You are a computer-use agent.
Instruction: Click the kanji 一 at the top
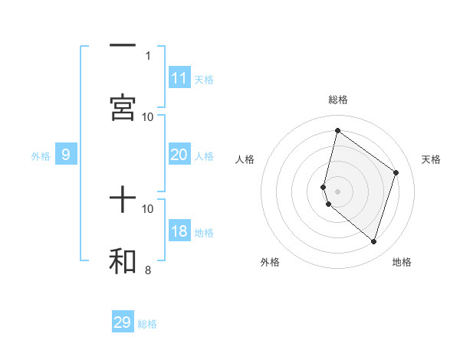[x=123, y=46]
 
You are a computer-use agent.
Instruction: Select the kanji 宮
[x=123, y=106]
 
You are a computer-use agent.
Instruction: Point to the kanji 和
[x=123, y=261]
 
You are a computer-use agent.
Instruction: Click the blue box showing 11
[x=179, y=78]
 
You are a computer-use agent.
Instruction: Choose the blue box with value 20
[x=179, y=155]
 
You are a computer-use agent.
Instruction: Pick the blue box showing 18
[x=179, y=231]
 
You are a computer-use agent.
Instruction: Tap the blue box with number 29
[x=123, y=322]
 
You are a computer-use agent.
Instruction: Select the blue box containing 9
[x=66, y=155]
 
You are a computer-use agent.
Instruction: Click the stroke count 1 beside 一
[x=148, y=55]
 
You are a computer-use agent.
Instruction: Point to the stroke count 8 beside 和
[x=148, y=270]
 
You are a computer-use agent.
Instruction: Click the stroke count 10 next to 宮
[x=148, y=116]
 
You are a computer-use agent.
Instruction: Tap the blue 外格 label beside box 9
[x=41, y=155]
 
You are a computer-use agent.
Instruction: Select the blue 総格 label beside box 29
[x=147, y=323]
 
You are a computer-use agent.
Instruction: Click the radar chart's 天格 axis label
[x=431, y=159]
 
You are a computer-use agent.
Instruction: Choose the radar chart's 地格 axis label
[x=402, y=262]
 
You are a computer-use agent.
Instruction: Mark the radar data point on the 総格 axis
[x=337, y=130]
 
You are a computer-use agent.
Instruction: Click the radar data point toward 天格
[x=396, y=172]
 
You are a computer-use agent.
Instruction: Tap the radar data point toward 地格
[x=373, y=242]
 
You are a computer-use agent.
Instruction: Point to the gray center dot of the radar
[x=337, y=191]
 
